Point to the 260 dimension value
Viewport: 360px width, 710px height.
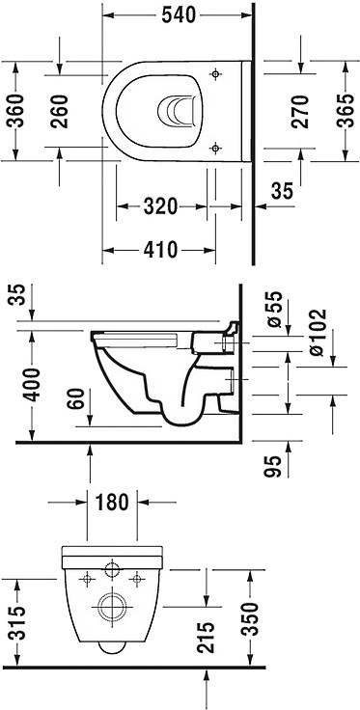[59, 111]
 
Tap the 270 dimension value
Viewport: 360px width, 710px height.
[300, 111]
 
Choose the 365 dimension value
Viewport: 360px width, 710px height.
[346, 111]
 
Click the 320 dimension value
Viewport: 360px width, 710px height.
[160, 206]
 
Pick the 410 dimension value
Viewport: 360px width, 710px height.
[160, 249]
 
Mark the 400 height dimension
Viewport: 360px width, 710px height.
[32, 385]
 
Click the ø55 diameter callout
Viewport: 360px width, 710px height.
[274, 310]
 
